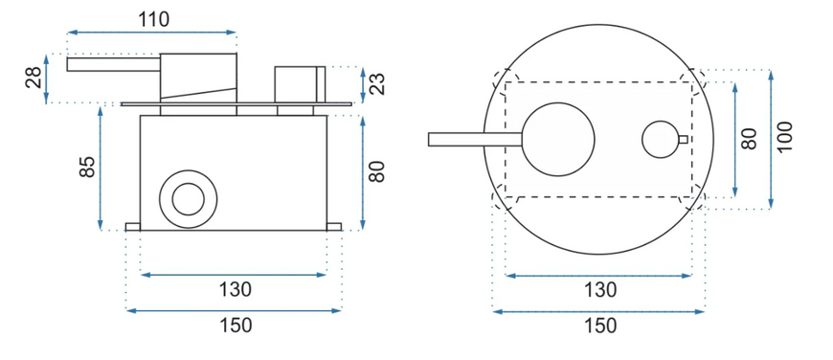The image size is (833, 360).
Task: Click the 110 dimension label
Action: pos(153,20)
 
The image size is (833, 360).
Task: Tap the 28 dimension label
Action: pos(33,78)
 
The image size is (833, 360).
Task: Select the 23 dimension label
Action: pos(377,84)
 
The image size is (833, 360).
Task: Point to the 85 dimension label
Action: pos(88,167)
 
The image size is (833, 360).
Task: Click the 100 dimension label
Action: pos(784,137)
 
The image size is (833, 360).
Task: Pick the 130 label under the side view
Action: pos(235,290)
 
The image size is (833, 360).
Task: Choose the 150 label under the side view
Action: pos(236,325)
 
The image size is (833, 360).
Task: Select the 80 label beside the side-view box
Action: pos(376,171)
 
